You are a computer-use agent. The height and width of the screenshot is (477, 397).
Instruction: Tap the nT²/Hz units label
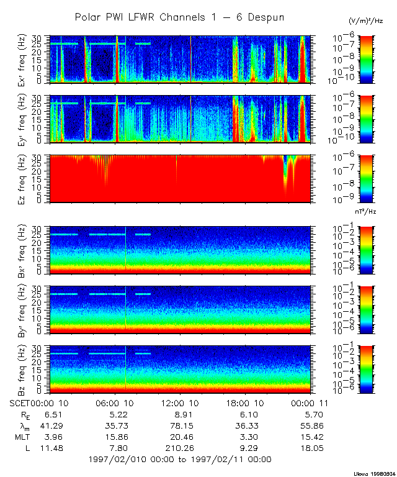pyautogui.click(x=367, y=211)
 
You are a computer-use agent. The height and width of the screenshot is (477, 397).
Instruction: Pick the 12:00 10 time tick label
pyautogui.click(x=180, y=402)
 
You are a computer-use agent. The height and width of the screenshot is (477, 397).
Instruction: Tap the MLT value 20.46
pyautogui.click(x=180, y=437)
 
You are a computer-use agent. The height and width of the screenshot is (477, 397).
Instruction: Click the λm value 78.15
pyautogui.click(x=180, y=426)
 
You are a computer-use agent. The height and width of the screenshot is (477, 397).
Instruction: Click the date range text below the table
pyautogui.click(x=180, y=460)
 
